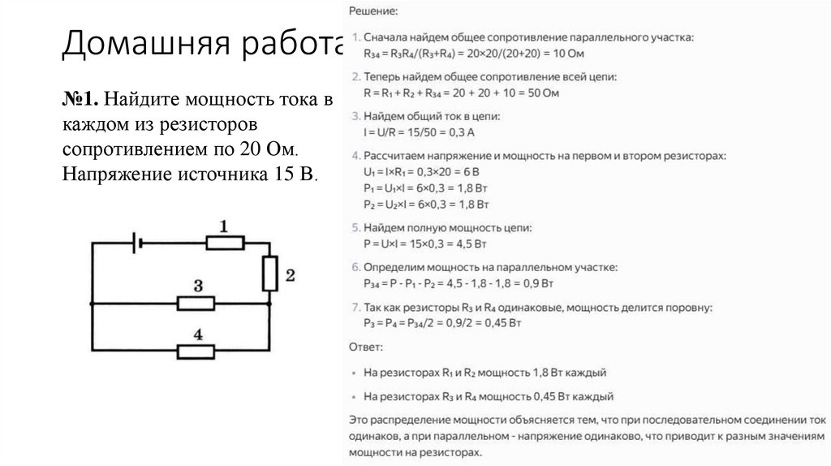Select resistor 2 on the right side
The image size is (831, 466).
(270, 274)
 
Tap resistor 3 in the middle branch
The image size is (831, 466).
(196, 303)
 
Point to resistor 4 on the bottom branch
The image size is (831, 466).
(196, 351)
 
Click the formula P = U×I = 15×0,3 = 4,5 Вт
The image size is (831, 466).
(437, 243)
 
